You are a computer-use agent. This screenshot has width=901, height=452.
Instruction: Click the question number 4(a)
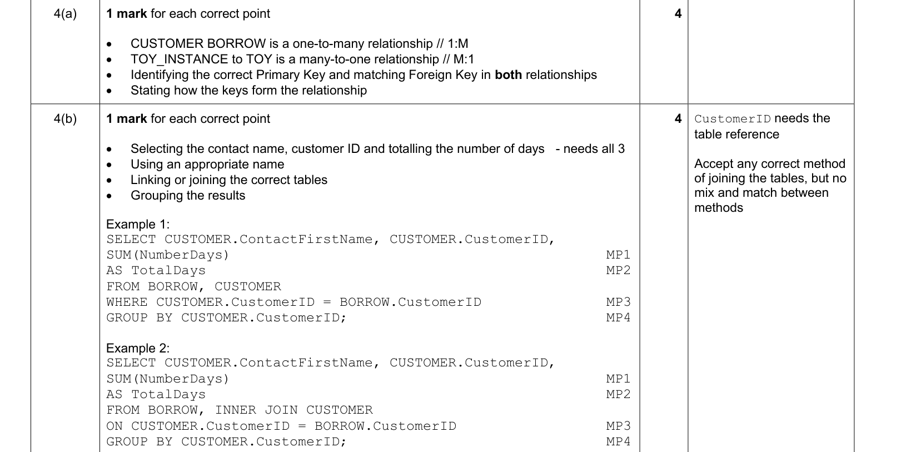click(x=65, y=14)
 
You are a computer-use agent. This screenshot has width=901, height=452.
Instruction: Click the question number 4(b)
click(x=65, y=119)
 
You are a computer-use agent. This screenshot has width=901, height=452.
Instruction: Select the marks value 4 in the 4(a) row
click(x=678, y=14)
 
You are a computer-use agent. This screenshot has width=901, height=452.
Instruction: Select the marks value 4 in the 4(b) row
click(x=678, y=119)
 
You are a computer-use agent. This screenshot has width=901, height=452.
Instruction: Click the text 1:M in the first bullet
click(x=458, y=43)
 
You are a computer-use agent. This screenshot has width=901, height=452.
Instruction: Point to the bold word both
click(x=509, y=75)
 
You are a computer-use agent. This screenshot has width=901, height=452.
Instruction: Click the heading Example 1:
click(x=138, y=224)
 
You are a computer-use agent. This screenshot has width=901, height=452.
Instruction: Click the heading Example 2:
click(x=138, y=348)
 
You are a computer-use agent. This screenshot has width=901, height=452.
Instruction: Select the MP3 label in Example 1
click(x=618, y=302)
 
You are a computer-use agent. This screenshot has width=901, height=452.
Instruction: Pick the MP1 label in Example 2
click(x=618, y=379)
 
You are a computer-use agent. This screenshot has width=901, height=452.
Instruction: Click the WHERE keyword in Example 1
click(x=127, y=302)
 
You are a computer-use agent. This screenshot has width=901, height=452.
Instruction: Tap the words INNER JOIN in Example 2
click(x=256, y=410)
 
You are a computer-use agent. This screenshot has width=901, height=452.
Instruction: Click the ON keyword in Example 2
click(x=115, y=426)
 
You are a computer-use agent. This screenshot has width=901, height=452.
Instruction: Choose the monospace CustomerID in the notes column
click(x=733, y=119)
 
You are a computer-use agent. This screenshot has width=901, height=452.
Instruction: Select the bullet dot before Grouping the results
click(x=109, y=196)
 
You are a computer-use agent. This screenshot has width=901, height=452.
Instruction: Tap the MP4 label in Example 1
click(x=618, y=317)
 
